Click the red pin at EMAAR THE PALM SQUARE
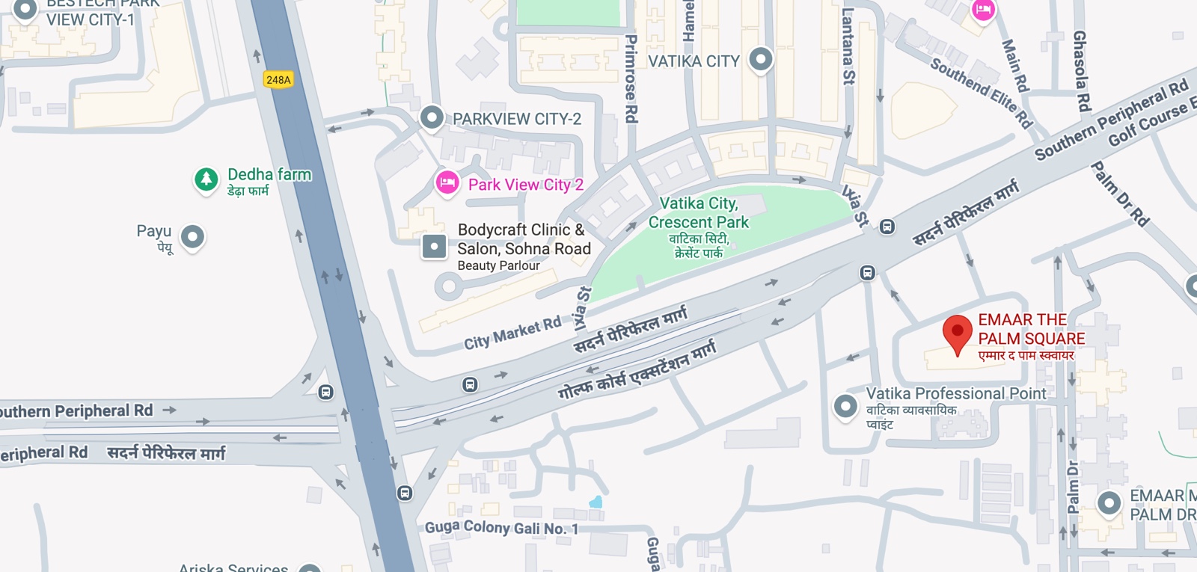point(957,333)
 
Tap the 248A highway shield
point(278,80)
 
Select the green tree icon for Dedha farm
point(206,179)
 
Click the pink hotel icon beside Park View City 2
point(447,182)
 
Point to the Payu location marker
point(193,238)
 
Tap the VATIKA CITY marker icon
point(761,59)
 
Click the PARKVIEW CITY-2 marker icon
point(432,117)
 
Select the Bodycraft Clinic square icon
point(434,246)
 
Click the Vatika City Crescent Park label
point(699,213)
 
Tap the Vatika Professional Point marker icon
point(845,407)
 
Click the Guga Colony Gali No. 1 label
point(501,527)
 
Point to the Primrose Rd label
point(631,79)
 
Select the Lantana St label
point(848,46)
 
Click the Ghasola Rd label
point(1081,71)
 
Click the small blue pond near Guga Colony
point(596,502)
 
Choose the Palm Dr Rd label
point(1120,194)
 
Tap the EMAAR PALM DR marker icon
point(1109,503)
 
